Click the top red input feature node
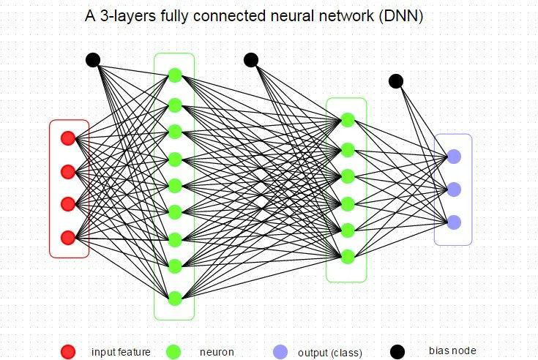coord(68,138)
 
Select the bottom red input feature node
coord(68,238)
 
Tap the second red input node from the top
coord(68,171)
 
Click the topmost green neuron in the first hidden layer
coord(175,75)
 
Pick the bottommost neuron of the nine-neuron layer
coord(175,299)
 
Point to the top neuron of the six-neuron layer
coord(348,120)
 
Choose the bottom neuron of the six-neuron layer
coord(348,257)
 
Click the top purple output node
coord(454,157)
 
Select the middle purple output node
coord(454,190)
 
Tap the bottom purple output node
coord(454,222)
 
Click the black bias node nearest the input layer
coord(93,60)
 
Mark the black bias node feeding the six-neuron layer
coord(251,60)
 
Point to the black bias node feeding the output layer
coord(396,81)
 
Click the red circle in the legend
coord(68,352)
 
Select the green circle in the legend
coord(173,352)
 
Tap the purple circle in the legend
coord(280,352)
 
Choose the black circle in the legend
coord(397,352)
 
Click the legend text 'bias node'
coord(452,350)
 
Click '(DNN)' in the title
coord(401,16)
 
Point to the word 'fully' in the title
coord(174,16)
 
